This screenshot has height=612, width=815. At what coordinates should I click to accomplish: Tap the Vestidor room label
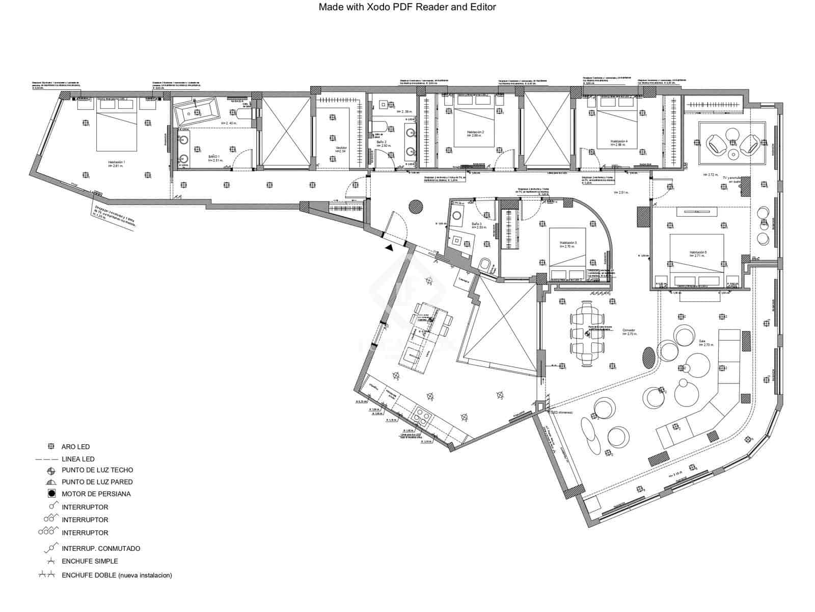point(341,149)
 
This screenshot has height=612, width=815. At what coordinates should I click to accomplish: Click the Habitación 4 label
point(619,143)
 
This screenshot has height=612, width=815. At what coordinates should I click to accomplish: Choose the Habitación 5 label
point(697,253)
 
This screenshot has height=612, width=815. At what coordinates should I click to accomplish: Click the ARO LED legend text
point(75,447)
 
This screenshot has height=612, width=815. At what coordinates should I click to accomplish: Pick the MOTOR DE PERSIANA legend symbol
point(51,494)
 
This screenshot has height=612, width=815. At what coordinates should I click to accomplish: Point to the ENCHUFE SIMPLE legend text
point(90,561)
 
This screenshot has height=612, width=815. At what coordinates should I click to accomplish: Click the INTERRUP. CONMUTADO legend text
point(101,549)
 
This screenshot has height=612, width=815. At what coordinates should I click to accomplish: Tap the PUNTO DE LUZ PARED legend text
point(97,482)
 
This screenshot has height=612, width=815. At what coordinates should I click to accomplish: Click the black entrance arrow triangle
point(389,248)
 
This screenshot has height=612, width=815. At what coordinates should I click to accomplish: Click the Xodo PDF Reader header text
point(407,7)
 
